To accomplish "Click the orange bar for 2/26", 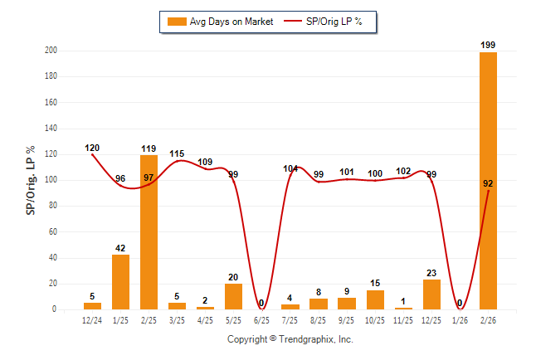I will click(x=488, y=181).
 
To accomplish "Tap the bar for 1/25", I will click(x=121, y=282).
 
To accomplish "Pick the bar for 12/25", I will click(x=431, y=294).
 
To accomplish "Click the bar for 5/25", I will click(x=234, y=296).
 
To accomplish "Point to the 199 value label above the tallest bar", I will click(x=488, y=44).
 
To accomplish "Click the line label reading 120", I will click(x=93, y=148).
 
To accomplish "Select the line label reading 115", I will click(x=178, y=154).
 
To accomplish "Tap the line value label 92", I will click(x=488, y=183).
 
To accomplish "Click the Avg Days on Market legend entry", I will click(x=218, y=22).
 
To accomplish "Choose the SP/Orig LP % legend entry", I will click(x=326, y=22).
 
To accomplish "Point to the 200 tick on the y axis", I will click(x=51, y=51).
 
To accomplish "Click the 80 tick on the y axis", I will click(x=53, y=207).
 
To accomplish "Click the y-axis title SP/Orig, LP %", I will click(x=31, y=180).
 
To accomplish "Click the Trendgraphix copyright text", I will click(x=290, y=339).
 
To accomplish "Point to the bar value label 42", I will click(x=121, y=247).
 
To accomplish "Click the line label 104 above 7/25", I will click(x=290, y=168).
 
